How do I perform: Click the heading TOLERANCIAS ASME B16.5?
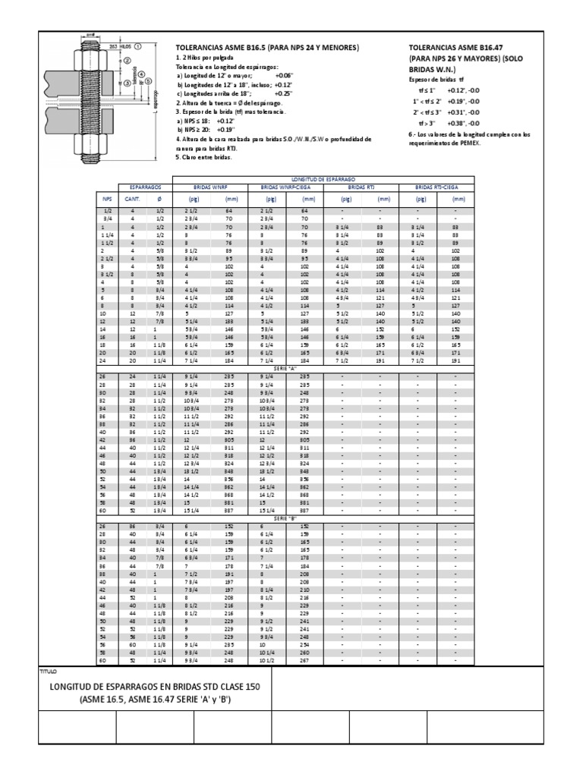pyautogui.click(x=266, y=47)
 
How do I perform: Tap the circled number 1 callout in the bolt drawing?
pyautogui.click(x=139, y=46)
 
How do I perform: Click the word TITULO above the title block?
pyautogui.click(x=48, y=672)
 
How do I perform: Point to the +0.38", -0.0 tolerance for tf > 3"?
pyautogui.click(x=463, y=122)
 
